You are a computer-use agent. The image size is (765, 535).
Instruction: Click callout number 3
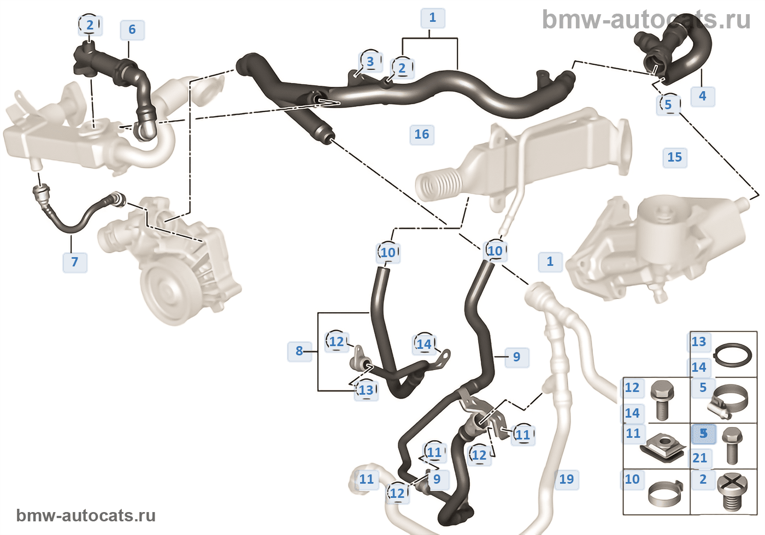pos(370,62)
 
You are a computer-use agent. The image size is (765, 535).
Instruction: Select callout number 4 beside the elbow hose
pos(702,96)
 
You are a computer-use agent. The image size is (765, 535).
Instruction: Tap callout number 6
pos(132,29)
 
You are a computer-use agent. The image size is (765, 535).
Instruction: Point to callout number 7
pos(75,262)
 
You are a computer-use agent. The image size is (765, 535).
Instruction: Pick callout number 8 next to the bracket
pos(299,351)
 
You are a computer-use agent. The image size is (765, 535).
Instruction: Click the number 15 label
pos(674,157)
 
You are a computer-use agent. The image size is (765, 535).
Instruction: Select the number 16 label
pos(422,134)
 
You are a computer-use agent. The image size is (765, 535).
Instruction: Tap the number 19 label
pos(567,479)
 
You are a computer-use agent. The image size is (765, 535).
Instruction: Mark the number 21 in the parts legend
pos(699,458)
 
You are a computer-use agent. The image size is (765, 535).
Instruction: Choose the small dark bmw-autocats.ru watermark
pos(86,515)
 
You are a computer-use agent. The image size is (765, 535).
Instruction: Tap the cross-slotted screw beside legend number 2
pos(732,491)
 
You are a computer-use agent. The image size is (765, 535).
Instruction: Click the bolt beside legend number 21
pos(732,445)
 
